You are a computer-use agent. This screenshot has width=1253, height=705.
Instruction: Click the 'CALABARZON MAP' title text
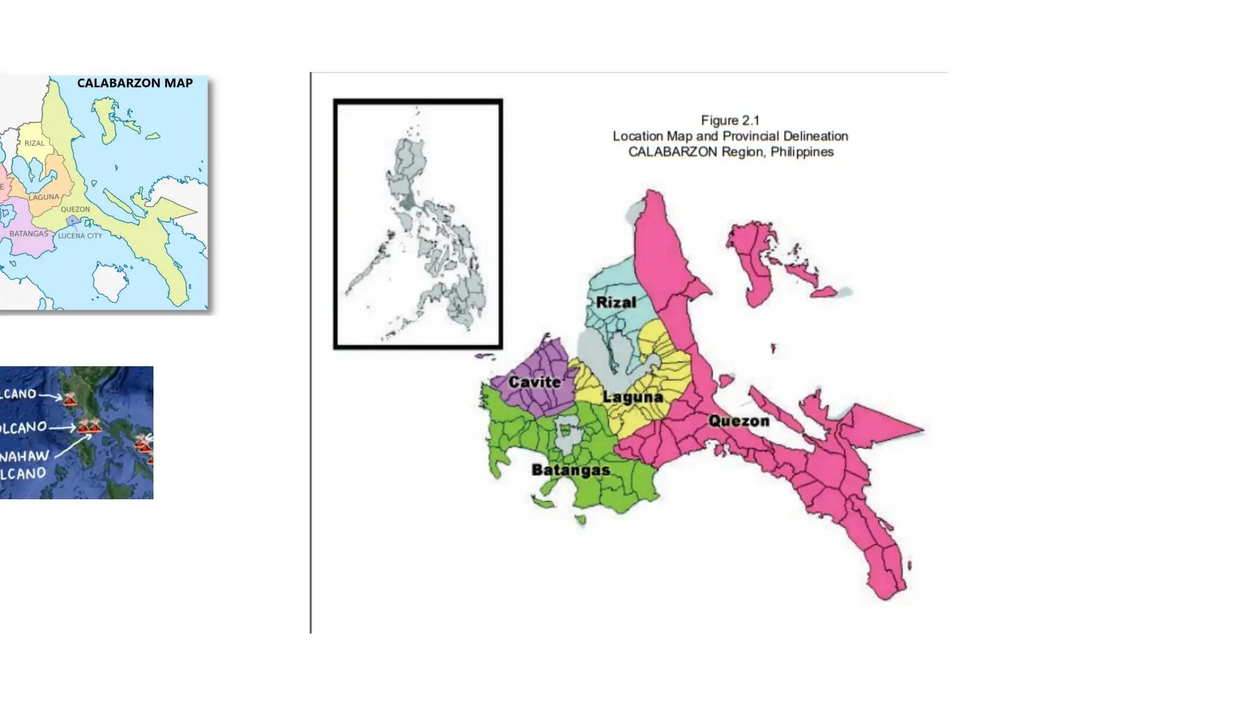pyautogui.click(x=135, y=83)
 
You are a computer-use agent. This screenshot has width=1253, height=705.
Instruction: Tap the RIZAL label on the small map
pyautogui.click(x=34, y=143)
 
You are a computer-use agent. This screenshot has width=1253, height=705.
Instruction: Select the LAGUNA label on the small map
pyautogui.click(x=44, y=197)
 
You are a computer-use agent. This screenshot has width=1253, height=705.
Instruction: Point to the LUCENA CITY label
pyautogui.click(x=80, y=236)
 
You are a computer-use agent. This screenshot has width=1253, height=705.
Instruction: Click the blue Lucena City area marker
pyautogui.click(x=73, y=220)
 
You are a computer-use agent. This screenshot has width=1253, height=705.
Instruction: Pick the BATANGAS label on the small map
pyautogui.click(x=29, y=234)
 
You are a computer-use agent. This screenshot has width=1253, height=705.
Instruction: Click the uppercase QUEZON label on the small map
pyautogui.click(x=75, y=209)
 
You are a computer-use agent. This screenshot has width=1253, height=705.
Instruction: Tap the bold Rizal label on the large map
pyautogui.click(x=616, y=302)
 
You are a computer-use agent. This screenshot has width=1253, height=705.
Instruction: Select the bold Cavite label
pyautogui.click(x=535, y=382)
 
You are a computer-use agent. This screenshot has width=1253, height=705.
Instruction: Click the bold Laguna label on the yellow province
pyautogui.click(x=633, y=397)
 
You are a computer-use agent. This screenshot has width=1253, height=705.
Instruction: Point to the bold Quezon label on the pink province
pyautogui.click(x=739, y=421)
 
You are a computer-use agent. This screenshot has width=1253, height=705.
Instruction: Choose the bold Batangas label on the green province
pyautogui.click(x=570, y=470)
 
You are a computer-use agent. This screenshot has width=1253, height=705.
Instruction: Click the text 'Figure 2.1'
pyautogui.click(x=730, y=121)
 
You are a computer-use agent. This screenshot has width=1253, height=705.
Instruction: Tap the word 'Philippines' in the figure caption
pyautogui.click(x=801, y=152)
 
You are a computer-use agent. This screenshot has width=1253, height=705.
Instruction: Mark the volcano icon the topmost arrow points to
pyautogui.click(x=70, y=400)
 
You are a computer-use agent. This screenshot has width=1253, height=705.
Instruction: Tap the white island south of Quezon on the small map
pyautogui.click(x=111, y=282)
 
